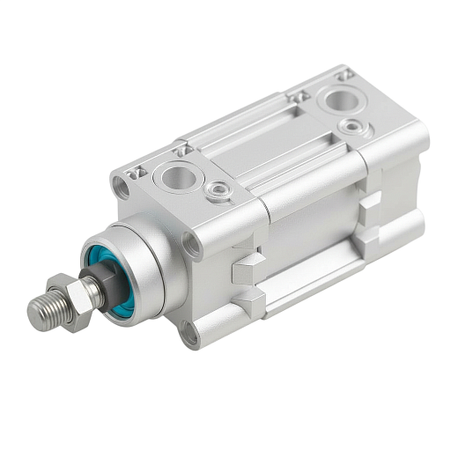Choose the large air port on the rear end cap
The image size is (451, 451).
coord(339,99)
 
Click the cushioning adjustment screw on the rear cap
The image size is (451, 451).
coord(354,127)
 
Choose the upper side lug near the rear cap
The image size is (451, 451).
coord(369,201)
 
